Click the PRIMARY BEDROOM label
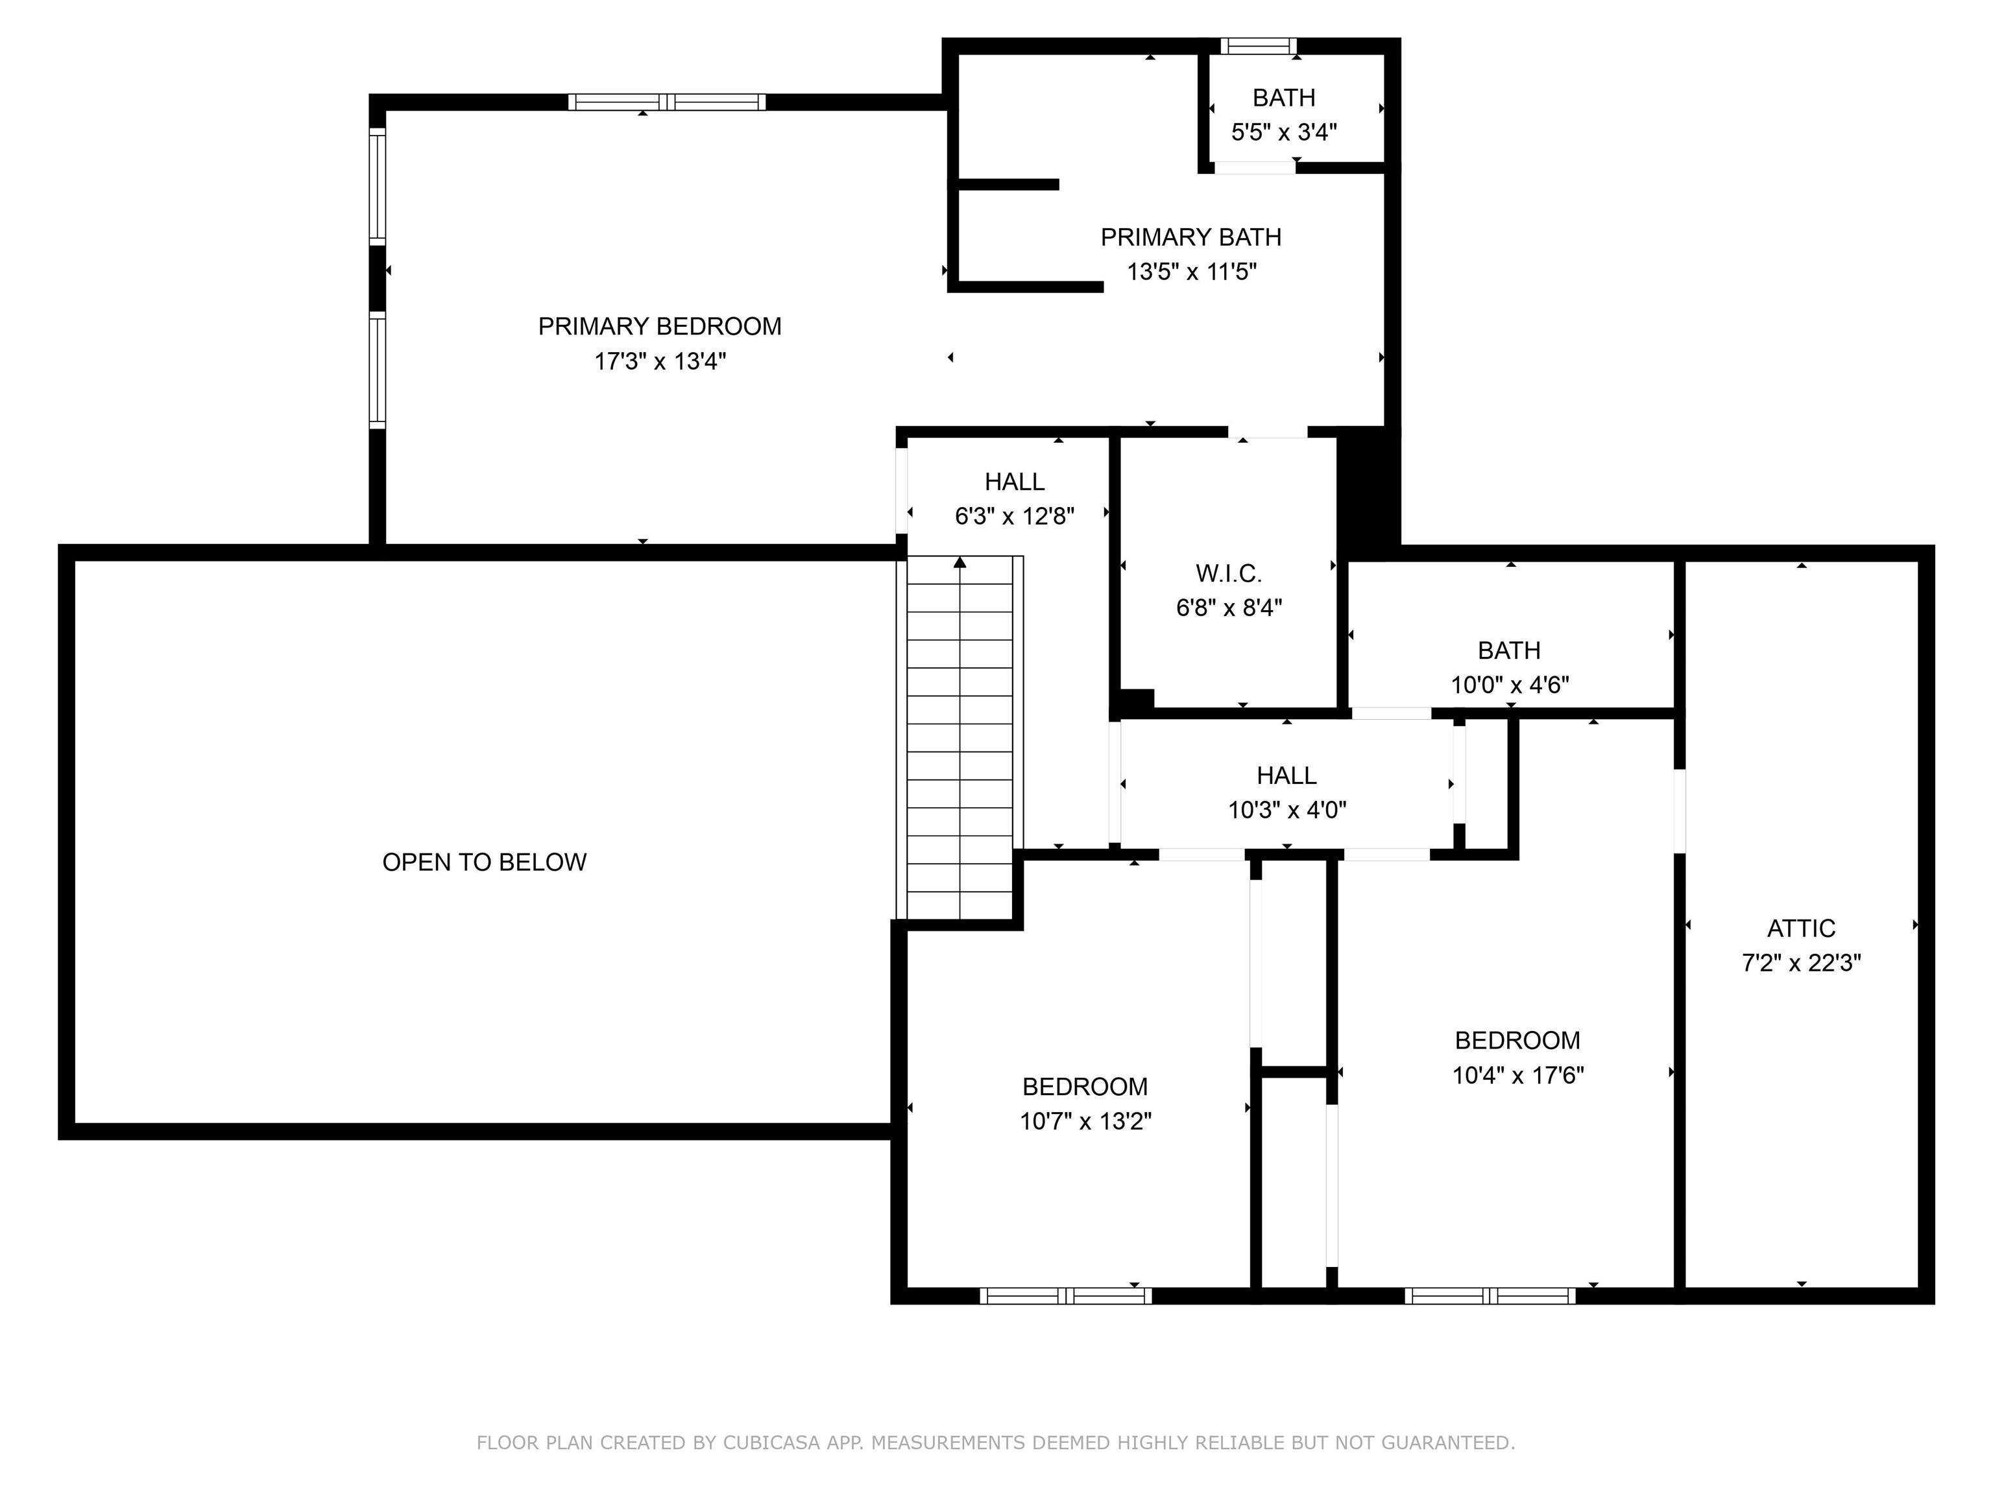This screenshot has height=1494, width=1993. point(660,326)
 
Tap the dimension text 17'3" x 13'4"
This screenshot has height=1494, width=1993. point(660,361)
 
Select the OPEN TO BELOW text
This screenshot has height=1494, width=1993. point(484,862)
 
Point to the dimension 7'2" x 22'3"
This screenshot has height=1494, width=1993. point(1800,963)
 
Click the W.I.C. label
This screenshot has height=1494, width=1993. point(1228,573)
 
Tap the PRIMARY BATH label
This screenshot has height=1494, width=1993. point(1190,237)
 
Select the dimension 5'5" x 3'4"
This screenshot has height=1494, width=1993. point(1283,132)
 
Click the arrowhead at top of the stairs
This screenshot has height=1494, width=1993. point(960,563)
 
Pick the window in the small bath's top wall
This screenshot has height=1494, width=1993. point(1258,46)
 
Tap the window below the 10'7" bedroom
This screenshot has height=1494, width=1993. point(1065,1296)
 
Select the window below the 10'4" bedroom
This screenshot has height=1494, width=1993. point(1490,1296)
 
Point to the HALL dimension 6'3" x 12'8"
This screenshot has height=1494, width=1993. point(1015,516)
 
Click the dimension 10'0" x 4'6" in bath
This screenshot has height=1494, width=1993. point(1509,684)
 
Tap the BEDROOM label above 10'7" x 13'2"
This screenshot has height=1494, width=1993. point(1085,1086)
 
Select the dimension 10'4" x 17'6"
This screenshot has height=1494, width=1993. point(1517,1075)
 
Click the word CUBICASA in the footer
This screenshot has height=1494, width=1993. point(771,1443)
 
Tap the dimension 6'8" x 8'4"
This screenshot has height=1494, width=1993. point(1228,608)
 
